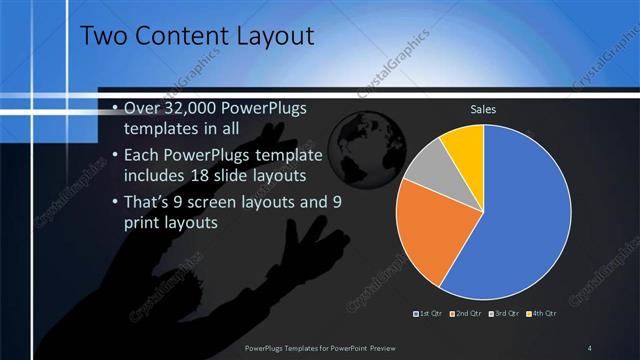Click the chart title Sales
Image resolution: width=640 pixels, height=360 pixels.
pos(483,109)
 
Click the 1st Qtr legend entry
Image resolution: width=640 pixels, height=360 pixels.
pos(431,314)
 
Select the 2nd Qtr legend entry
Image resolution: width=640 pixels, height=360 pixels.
pos(469,314)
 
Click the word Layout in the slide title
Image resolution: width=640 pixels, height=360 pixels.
pos(274,36)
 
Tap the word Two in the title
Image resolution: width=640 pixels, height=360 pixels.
pos(101,36)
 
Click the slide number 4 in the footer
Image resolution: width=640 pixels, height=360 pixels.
pos(590,347)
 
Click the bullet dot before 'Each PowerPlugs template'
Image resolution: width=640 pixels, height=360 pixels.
pos(116,155)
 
